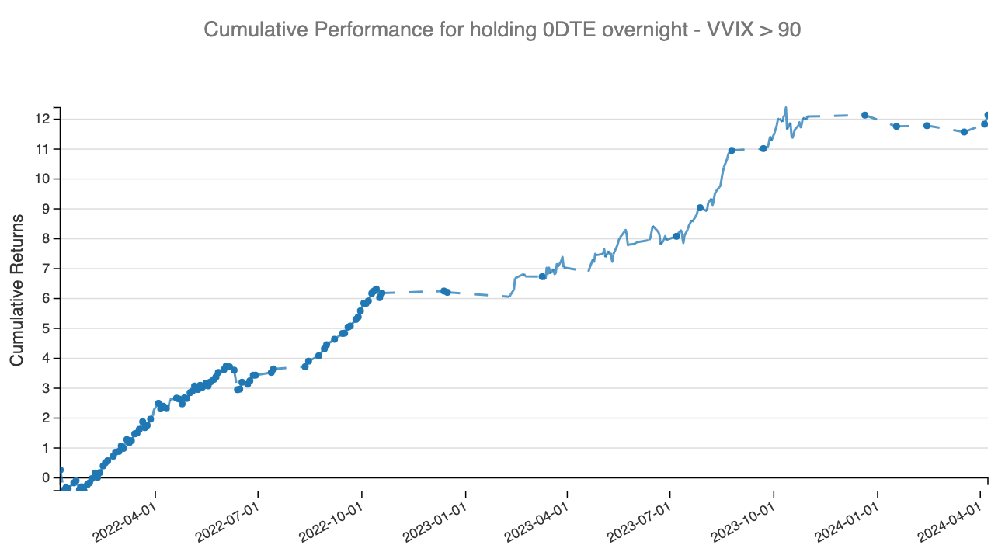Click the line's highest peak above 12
click(786, 108)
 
